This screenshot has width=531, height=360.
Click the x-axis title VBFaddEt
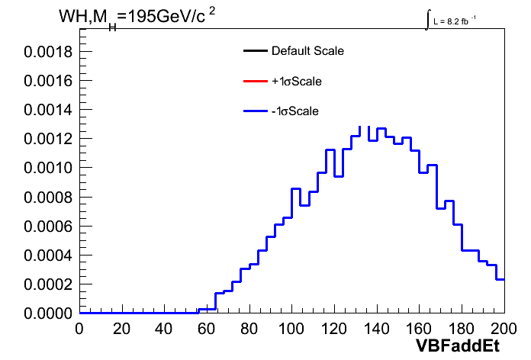[x=457, y=346]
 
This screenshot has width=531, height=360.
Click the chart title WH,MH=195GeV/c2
[x=137, y=18]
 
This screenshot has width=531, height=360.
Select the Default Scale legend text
[x=307, y=51]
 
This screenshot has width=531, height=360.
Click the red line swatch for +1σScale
[x=256, y=81]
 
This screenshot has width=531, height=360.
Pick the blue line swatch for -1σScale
[x=256, y=111]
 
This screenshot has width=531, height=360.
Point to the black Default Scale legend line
[x=256, y=51]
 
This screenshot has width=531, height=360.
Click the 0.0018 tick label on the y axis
[x=48, y=52]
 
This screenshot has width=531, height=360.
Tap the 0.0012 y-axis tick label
[x=48, y=139]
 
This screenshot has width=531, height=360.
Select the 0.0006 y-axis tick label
[x=48, y=227]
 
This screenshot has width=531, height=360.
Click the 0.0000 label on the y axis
[x=48, y=313]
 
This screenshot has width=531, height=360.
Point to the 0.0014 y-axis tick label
[x=48, y=110]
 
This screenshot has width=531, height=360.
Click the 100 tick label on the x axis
[x=291, y=329]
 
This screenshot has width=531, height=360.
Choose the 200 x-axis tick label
[x=504, y=329]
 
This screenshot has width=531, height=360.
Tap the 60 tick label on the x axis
[x=207, y=329]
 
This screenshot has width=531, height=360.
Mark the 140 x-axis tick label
[x=376, y=329]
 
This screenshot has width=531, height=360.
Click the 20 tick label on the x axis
[x=121, y=329]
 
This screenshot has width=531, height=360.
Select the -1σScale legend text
[x=295, y=111]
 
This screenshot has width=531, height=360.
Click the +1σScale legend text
[x=297, y=82]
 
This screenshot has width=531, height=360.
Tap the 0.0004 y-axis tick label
[x=48, y=256]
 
